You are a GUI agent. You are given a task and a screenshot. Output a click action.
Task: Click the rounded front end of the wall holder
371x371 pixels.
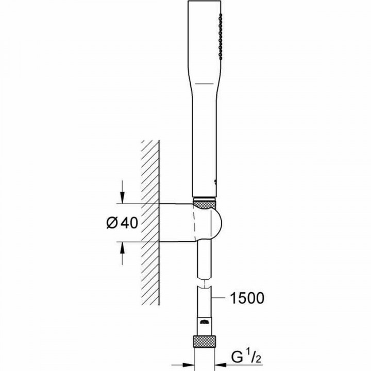point(219,224)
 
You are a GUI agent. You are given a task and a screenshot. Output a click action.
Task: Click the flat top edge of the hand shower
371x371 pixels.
point(207,2)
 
